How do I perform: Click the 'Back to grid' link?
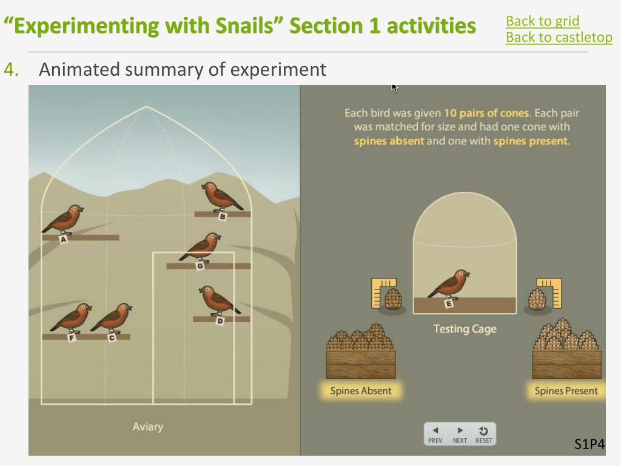pos(542,21)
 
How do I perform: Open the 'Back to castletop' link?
pos(559,37)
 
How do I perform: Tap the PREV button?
pos(435,434)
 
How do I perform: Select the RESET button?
pos(483,434)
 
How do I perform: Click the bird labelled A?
pos(63,220)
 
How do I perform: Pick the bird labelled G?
pos(200,248)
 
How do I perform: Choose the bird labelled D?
pos(218,301)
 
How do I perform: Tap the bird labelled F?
pos(72,318)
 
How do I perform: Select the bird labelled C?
pos(112,318)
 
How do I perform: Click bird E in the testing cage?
pos(449,285)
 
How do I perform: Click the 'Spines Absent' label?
pos(361,391)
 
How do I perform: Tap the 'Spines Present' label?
pos(566,391)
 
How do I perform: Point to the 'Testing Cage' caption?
pos(465,329)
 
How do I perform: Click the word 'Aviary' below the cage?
pos(148,427)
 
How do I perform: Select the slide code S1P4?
pos(589,444)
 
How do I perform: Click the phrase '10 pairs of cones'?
pos(486,113)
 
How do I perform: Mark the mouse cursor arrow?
pos(394,88)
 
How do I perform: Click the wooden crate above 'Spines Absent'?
pos(361,365)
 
